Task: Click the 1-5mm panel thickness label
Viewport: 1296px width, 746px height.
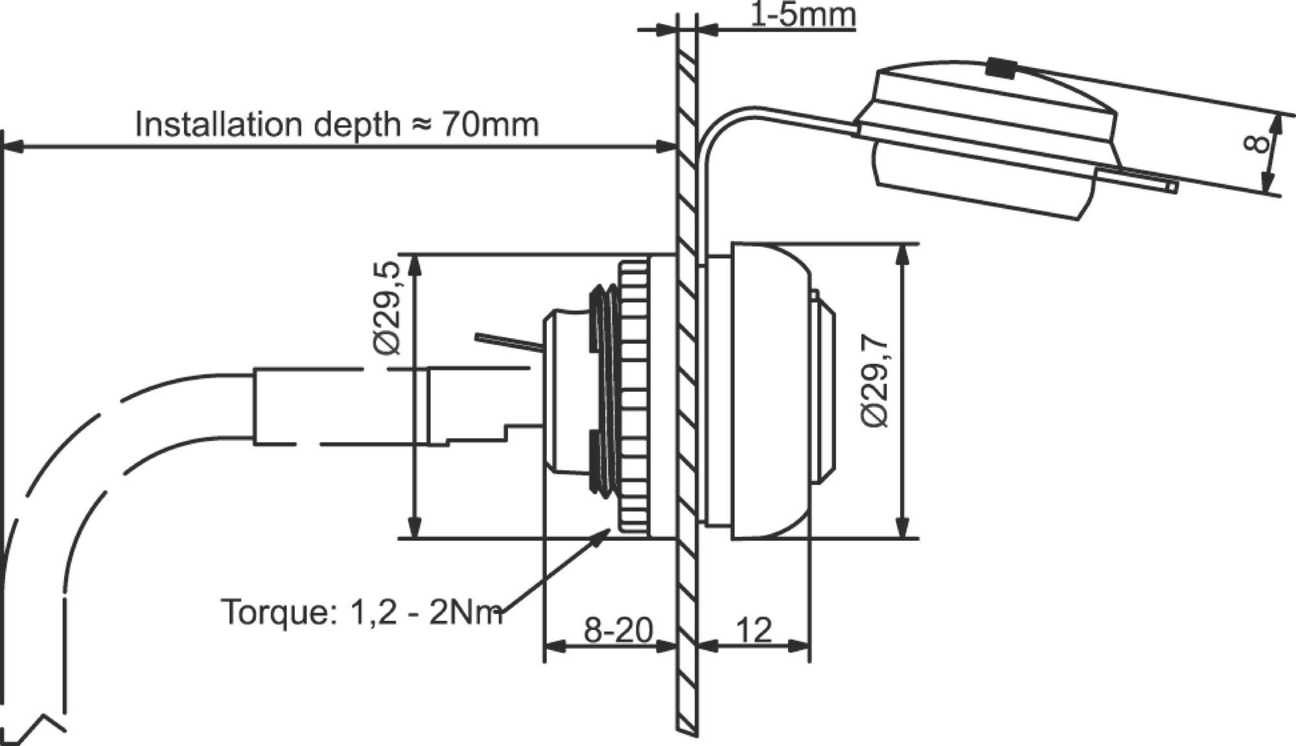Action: pos(802,14)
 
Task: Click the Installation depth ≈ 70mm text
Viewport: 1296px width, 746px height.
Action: pos(337,124)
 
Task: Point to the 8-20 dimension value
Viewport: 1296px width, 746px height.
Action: pos(618,629)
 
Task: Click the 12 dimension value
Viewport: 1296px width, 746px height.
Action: pos(754,629)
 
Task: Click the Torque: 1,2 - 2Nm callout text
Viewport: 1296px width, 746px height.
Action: pos(362,611)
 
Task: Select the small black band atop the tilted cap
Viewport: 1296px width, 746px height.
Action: pos(1001,68)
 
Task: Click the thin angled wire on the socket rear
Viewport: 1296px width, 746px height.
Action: pos(509,341)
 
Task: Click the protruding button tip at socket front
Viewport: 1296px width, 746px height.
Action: pos(824,395)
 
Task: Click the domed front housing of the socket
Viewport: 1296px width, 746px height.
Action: pos(771,392)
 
